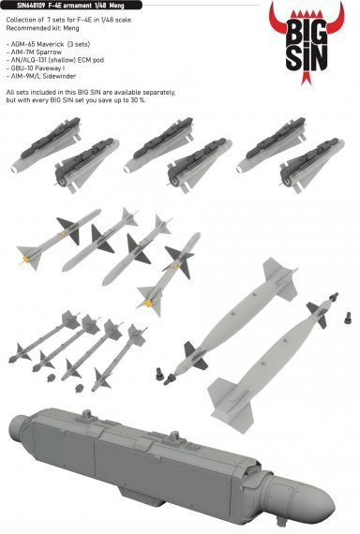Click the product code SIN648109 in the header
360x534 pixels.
click(20, 5)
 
